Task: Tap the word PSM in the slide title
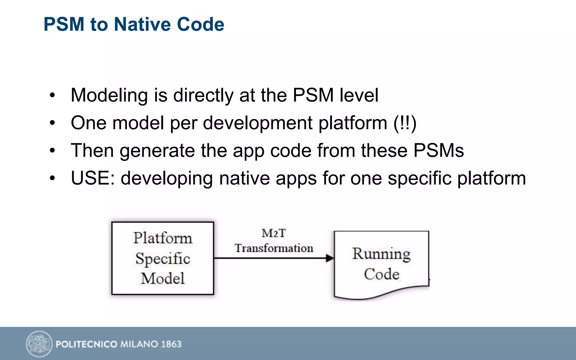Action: [64, 24]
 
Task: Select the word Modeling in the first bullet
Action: [109, 96]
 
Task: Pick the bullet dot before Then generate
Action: [52, 150]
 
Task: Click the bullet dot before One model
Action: [52, 123]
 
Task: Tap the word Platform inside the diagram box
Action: [163, 238]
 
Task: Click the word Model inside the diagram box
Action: [163, 278]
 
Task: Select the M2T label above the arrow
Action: [274, 233]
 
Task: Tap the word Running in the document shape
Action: [381, 254]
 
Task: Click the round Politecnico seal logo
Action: [39, 344]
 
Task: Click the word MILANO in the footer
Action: [139, 344]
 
